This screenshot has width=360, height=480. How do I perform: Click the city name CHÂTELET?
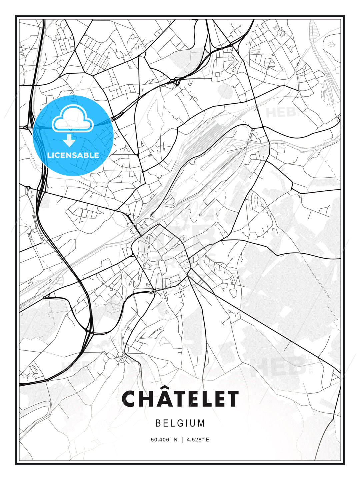coord(180,399)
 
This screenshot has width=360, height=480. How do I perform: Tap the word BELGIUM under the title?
coord(180,423)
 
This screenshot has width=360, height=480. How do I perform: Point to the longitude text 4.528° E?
coord(198,440)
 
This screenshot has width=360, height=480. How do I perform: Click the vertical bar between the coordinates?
coord(182,440)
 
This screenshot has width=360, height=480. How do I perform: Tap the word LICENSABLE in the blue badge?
coord(73,155)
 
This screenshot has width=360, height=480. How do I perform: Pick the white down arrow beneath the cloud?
coord(69,140)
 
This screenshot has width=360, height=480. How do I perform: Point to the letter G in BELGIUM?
coord(180,423)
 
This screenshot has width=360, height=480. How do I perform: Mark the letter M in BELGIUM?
coord(201,423)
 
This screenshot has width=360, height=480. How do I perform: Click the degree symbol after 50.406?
coord(171,438)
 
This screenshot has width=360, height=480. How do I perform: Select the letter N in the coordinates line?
coord(176,440)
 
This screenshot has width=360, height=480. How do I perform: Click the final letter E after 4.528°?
coord(208,440)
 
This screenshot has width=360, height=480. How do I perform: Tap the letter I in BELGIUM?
coord(187,423)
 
